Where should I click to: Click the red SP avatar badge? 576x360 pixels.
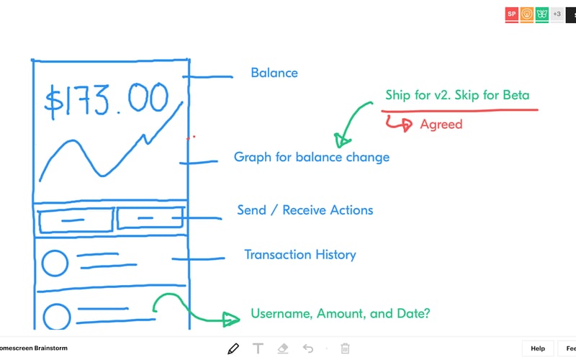point(511,14)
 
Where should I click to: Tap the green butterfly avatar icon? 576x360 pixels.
point(541,14)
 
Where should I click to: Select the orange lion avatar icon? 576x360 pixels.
point(526,14)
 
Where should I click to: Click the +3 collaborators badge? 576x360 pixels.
point(557,14)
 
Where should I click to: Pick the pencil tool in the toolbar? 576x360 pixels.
point(233,348)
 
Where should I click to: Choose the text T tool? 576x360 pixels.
point(258,348)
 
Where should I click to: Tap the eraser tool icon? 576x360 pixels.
point(283,348)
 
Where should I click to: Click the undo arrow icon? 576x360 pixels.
point(308,348)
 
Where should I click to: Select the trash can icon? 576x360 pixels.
point(345,348)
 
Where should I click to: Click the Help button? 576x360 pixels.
point(538,348)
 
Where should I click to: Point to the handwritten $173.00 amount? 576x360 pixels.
point(106,100)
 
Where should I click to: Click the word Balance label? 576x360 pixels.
point(274,73)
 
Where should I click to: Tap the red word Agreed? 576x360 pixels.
point(441,125)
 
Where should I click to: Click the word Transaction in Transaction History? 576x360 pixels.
point(277,255)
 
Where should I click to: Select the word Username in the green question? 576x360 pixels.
point(282,313)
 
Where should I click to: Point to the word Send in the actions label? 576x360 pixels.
point(251,210)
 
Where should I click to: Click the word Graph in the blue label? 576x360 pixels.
point(253,157)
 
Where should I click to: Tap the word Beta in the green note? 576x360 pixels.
point(516,95)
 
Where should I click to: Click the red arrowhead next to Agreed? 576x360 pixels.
point(406,125)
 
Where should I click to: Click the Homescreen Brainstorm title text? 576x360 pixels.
point(33,348)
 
